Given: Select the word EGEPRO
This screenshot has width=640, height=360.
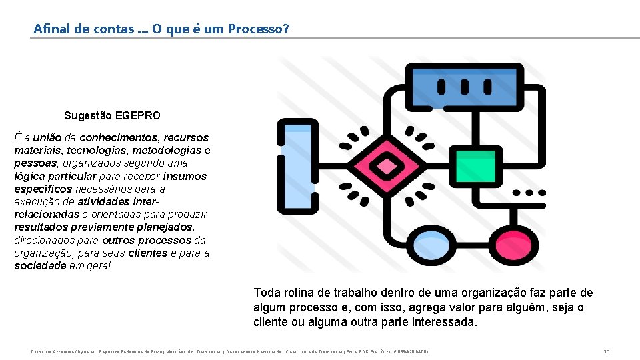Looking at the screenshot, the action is tap(138, 115).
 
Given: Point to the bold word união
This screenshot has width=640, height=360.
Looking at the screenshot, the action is tap(49, 137).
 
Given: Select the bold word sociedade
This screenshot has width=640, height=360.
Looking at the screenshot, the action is tap(41, 266).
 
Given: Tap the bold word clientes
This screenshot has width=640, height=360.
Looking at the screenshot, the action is tap(148, 253).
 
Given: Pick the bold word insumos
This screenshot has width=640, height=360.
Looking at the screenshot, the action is tap(185, 176).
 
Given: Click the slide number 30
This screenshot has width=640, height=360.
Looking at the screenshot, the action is tap(607, 351).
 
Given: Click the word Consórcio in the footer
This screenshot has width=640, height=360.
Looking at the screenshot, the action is tap(42, 351).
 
